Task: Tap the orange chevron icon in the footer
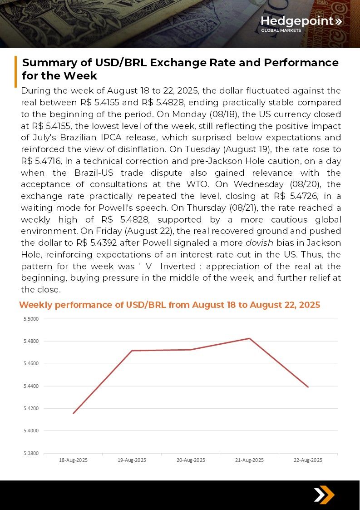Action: [324, 495]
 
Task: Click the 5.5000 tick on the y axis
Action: [31, 319]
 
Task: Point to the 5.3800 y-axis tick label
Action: [31, 453]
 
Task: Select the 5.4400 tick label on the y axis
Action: [31, 386]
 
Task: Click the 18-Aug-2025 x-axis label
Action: [73, 460]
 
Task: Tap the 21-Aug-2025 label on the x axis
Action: [249, 460]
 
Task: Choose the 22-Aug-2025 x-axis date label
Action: [308, 460]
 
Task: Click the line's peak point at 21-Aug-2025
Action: [249, 338]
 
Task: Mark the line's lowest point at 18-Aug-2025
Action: [73, 413]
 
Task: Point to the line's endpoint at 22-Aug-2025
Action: [308, 387]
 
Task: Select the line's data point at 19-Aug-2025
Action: [132, 351]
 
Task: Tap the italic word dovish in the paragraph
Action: [259, 243]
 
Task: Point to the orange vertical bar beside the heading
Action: [16, 71]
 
